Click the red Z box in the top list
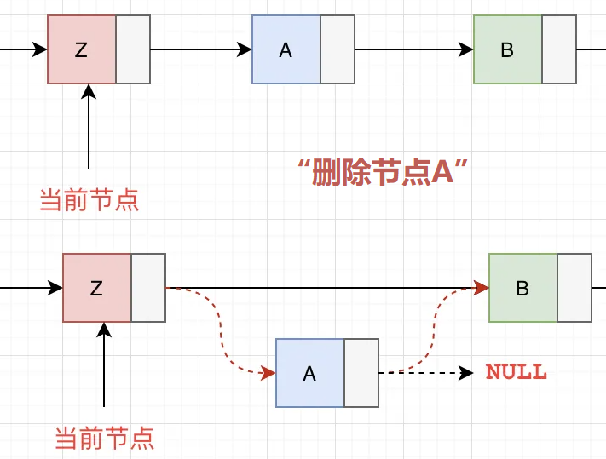tap(81, 50)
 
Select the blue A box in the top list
tap(286, 50)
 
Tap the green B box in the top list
tap(507, 50)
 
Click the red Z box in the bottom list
tap(96, 288)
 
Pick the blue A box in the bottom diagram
tap(309, 373)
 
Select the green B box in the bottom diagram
tap(522, 288)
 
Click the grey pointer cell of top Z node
tap(133, 50)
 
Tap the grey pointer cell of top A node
tap(338, 50)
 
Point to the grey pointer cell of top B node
tap(559, 50)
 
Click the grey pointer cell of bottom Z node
tap(148, 288)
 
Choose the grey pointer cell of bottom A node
tap(361, 373)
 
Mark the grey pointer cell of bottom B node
tap(574, 288)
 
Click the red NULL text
tap(516, 372)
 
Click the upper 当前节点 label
tap(89, 201)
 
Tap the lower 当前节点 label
tap(104, 439)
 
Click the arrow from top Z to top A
tap(201, 50)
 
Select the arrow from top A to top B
tap(414, 50)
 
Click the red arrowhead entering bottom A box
tap(268, 373)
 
